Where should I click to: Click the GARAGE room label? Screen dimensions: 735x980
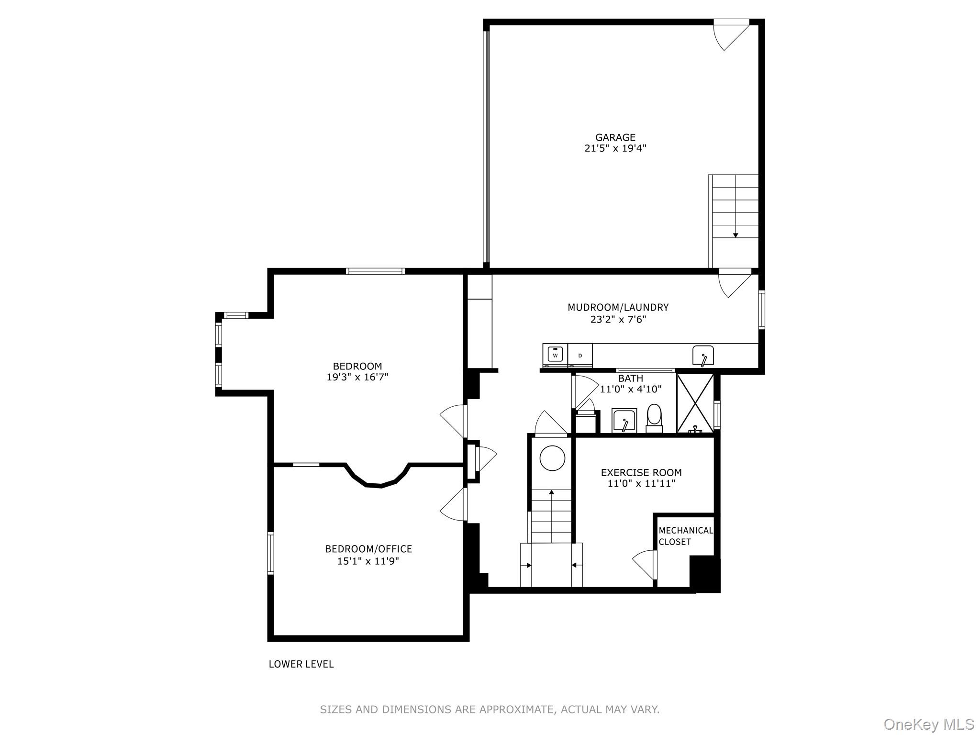pos(615,137)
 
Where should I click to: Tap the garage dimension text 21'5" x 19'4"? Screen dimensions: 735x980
pos(615,148)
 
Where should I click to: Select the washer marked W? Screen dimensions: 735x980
pos(555,355)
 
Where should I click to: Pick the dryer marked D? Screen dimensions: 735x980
pos(580,355)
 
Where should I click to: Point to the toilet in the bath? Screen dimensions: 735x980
pos(654,416)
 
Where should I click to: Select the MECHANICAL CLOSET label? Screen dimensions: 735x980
pos(685,536)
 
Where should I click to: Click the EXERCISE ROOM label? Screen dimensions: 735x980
pos(641,472)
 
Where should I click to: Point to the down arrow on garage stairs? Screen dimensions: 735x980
pos(735,234)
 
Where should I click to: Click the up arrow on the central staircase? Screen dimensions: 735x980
pos(551,492)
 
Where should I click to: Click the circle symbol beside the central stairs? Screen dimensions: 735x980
pos(552,458)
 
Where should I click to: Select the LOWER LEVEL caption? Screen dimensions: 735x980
pos(301,664)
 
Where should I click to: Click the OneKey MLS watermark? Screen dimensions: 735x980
pos(928,724)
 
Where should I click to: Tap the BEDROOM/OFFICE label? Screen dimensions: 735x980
pos(368,549)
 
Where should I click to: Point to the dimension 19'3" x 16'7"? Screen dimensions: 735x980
pos(357,377)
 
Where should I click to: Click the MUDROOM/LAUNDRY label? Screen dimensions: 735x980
pos(618,307)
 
